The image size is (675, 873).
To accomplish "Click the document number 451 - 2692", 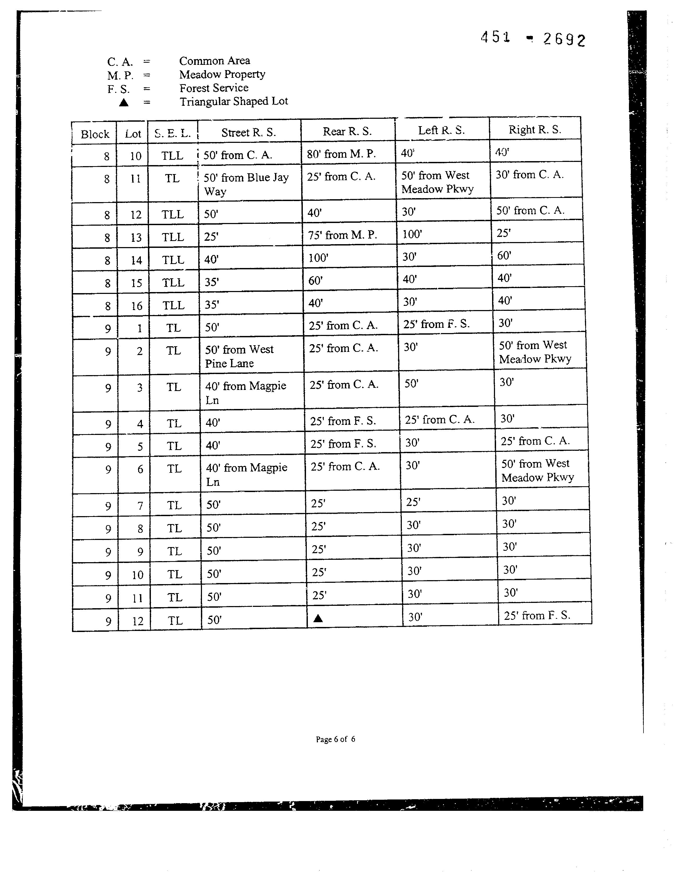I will (x=533, y=39).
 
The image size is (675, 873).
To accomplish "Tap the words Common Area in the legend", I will (x=214, y=61).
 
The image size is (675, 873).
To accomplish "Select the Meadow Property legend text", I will (x=222, y=74).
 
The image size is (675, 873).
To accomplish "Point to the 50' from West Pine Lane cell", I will (x=239, y=356).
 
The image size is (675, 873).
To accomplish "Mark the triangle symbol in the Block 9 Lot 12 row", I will (x=318, y=619).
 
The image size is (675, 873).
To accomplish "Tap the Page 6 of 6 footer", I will (x=335, y=739).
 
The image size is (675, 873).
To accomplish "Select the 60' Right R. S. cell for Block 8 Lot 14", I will (x=504, y=256).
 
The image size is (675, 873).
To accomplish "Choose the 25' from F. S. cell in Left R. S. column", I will (x=436, y=324).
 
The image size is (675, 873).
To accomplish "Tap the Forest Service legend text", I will (x=214, y=88).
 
